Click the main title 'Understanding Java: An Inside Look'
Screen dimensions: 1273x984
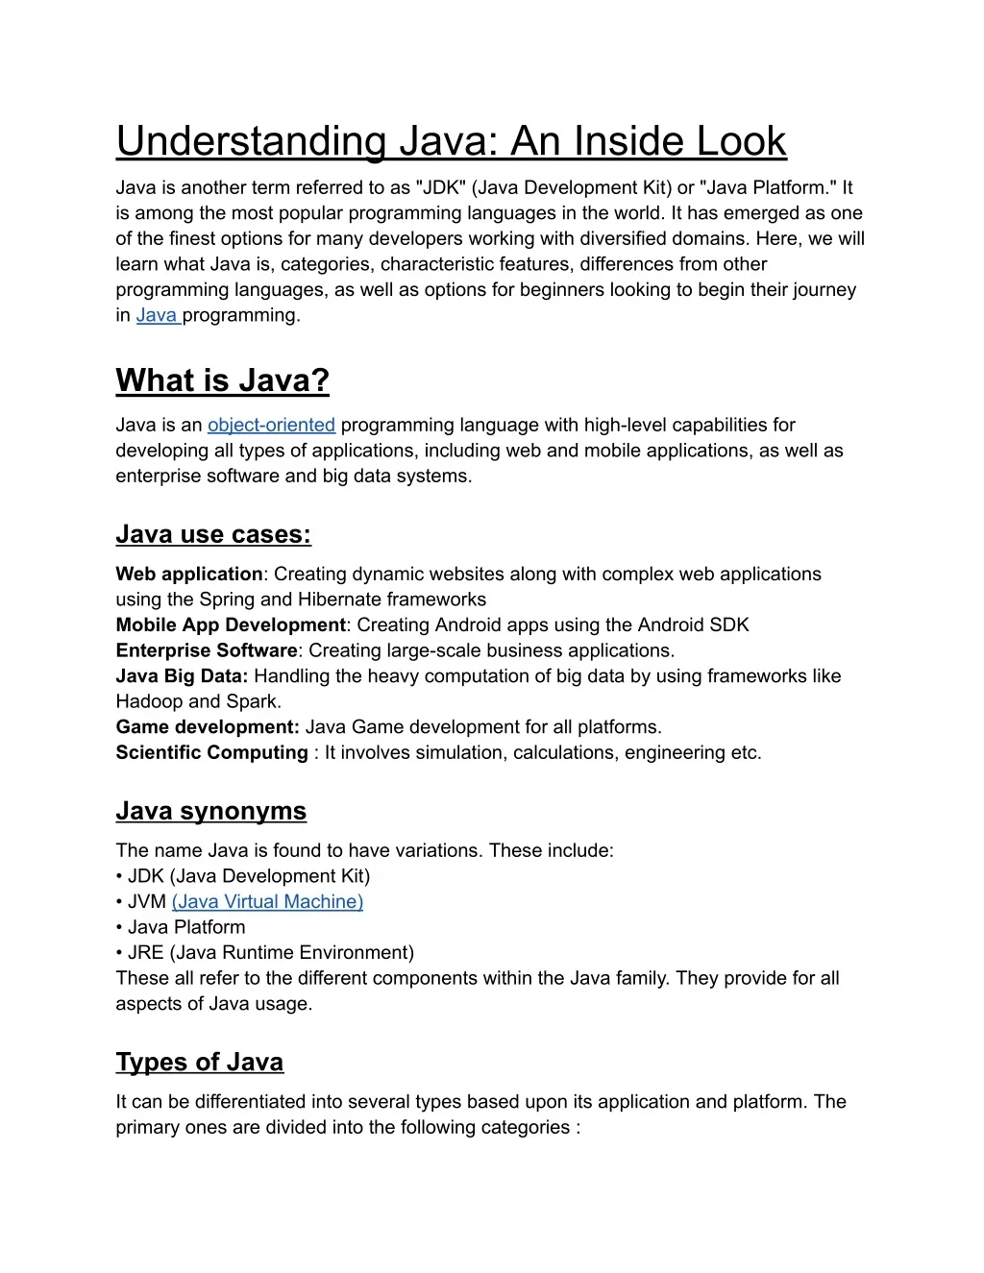451,141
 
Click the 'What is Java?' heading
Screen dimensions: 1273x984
222,380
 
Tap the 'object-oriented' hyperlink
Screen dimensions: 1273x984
271,425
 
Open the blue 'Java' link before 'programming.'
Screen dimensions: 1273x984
158,315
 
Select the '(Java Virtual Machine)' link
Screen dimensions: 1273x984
267,901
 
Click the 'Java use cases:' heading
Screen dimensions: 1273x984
213,534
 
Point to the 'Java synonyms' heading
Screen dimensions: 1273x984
210,811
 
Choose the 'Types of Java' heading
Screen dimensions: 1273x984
199,1062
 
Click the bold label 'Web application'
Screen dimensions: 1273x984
188,574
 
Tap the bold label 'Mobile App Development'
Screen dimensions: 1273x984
230,624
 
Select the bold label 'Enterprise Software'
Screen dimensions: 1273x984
207,650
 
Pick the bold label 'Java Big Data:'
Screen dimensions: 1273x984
182,675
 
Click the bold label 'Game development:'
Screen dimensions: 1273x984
208,726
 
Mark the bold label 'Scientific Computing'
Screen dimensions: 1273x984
211,752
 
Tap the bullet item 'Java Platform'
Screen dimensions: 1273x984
185,927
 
